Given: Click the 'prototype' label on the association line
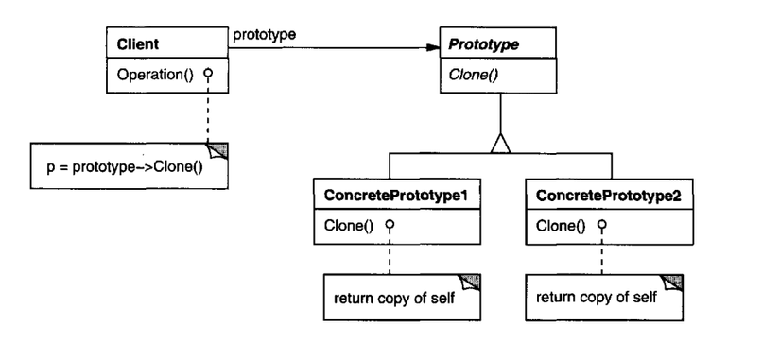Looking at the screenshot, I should point(265,35).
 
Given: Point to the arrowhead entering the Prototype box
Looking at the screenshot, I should point(432,43).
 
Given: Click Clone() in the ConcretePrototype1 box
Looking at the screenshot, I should point(342,227).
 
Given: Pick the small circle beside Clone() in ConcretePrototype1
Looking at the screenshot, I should point(390,227).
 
